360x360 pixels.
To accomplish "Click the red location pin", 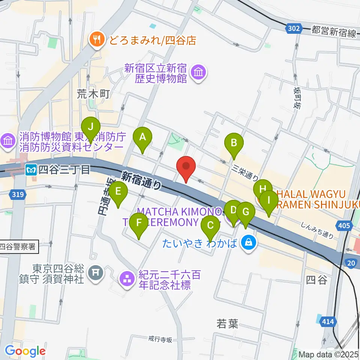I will pyautogui.click(x=187, y=168).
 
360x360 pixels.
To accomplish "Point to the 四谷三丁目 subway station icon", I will pyautogui.click(x=31, y=170).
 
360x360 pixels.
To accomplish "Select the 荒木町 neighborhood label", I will pyautogui.click(x=93, y=94).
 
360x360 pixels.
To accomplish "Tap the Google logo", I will pyautogui.click(x=25, y=351).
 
